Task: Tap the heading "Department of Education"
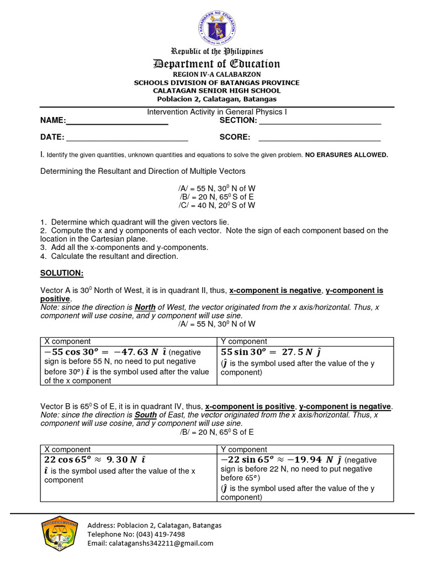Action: pos(217,64)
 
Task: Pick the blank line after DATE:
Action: pos(127,138)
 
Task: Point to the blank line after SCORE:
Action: pos(320,138)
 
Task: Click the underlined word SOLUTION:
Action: pos(62,273)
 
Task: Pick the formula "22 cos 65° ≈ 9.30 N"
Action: pos(91,460)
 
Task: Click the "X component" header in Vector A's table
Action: pos(67,342)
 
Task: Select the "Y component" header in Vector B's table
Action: pos(244,450)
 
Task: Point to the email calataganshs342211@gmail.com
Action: pos(150,543)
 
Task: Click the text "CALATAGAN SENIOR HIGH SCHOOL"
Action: pos(217,90)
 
